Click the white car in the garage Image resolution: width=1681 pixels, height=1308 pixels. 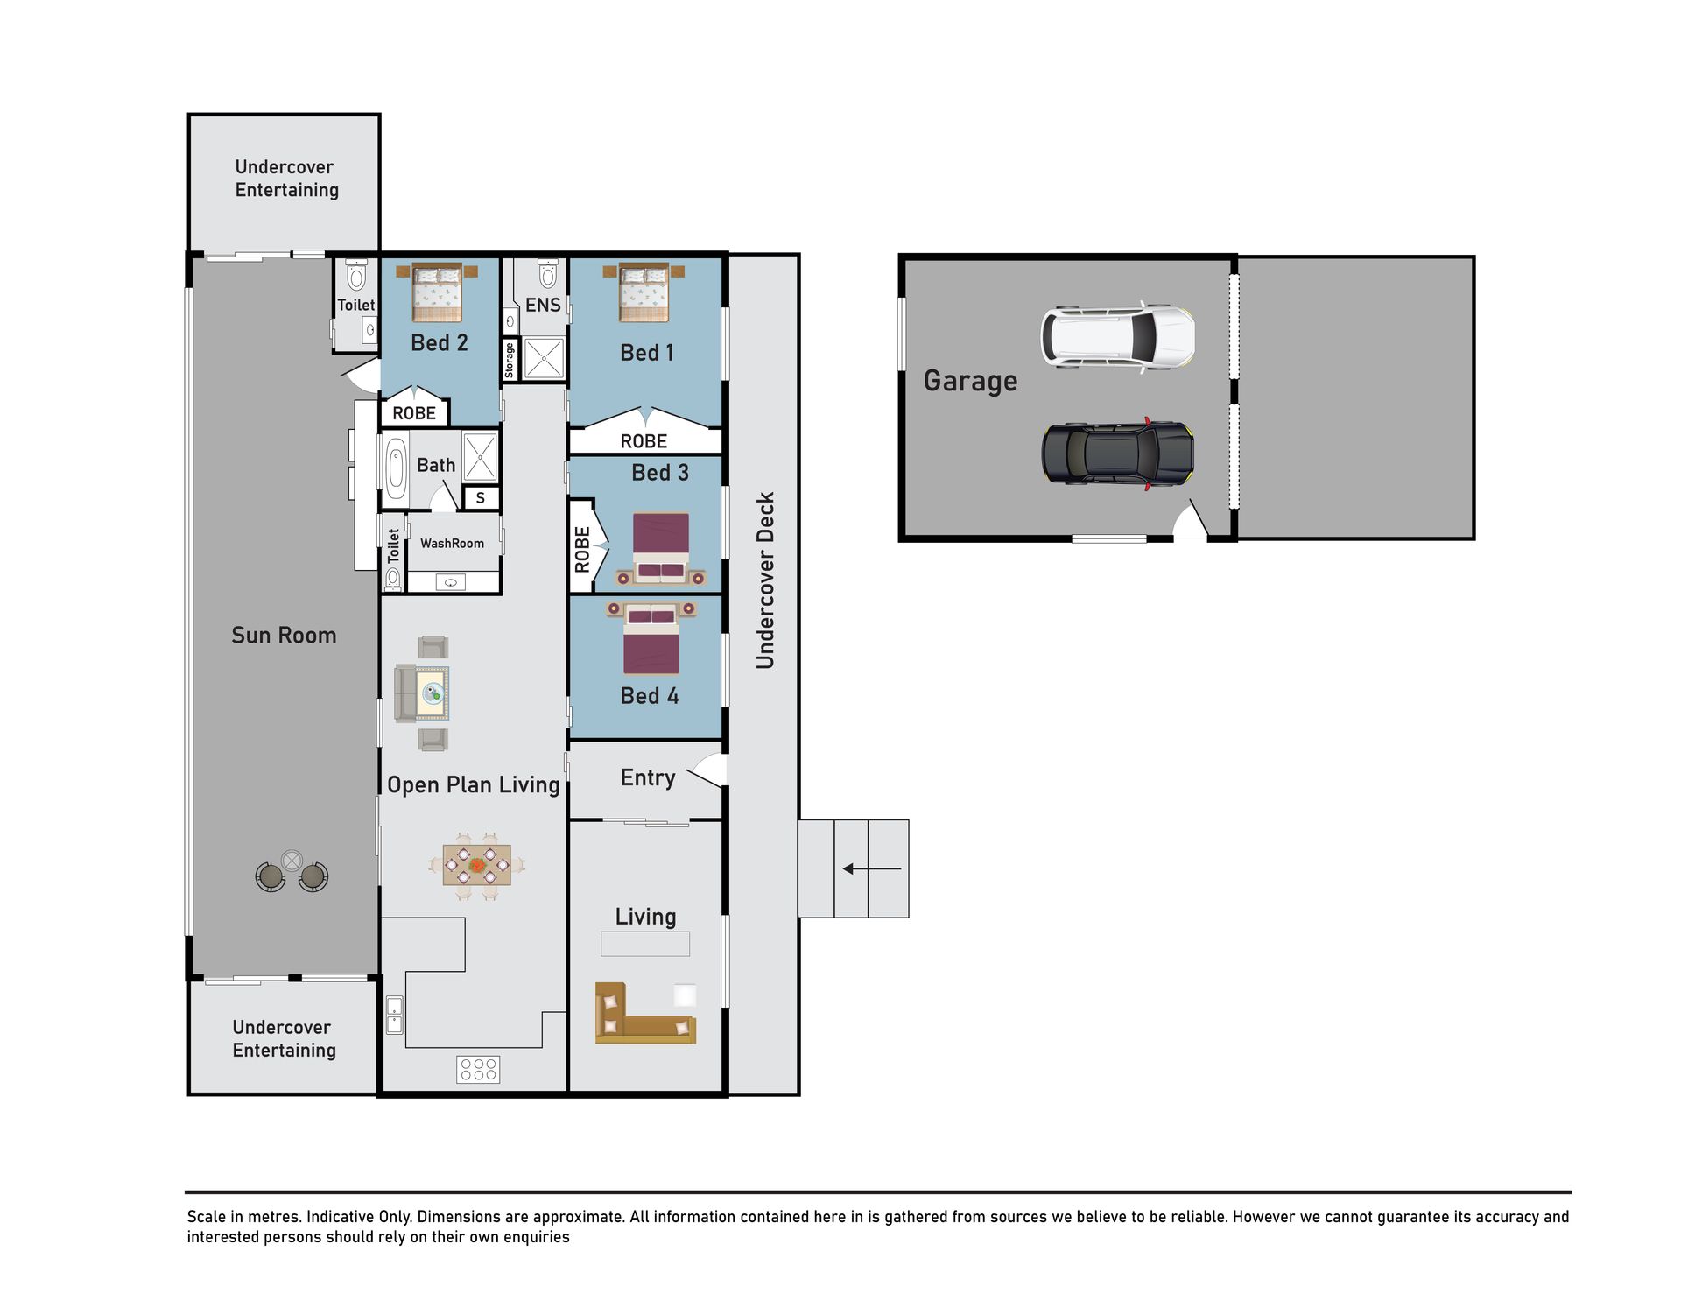[1117, 337]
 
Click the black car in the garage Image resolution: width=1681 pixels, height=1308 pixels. [1117, 453]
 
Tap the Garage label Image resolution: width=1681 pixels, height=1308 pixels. [970, 381]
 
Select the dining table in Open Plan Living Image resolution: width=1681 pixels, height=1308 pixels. [476, 866]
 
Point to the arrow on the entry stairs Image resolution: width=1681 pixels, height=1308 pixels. [872, 868]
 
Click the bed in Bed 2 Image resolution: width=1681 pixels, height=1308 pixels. [437, 293]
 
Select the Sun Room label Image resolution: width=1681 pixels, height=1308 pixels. [284, 636]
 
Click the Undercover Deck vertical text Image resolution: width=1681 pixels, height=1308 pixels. [765, 580]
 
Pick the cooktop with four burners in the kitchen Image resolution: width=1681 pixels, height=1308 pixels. [478, 1069]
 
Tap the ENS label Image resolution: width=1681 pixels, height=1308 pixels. [543, 305]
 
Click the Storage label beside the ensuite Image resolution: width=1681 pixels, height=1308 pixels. [510, 360]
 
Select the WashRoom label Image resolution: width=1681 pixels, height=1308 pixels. [452, 544]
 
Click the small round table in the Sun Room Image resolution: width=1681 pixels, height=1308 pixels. [292, 861]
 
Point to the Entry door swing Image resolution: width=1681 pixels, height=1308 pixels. [708, 770]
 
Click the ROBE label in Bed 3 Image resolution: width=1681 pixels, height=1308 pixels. [582, 550]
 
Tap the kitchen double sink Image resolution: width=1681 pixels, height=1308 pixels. [395, 1015]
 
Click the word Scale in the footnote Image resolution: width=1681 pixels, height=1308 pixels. [206, 1217]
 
